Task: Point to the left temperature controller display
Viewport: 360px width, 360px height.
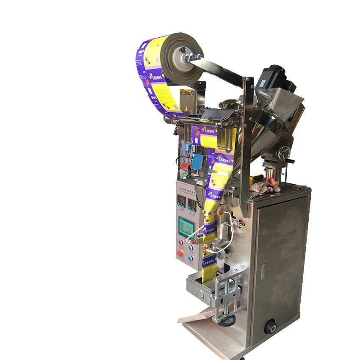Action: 181,202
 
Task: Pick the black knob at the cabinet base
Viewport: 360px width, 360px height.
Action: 270,327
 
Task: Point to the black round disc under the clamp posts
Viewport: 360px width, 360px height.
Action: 228,320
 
